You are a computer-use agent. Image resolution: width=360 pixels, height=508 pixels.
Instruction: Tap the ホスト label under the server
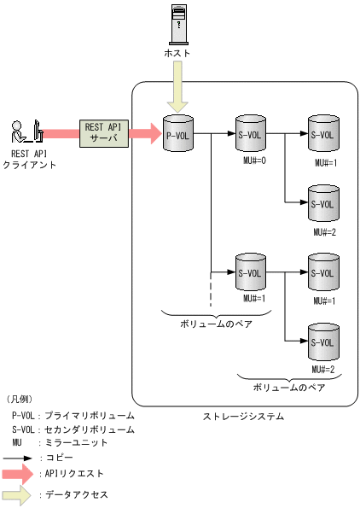pyautogui.click(x=178, y=53)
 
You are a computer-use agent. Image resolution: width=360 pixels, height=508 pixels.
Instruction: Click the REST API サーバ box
pyautogui.click(x=102, y=132)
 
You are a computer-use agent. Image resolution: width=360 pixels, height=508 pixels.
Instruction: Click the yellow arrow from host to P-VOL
pyautogui.click(x=178, y=88)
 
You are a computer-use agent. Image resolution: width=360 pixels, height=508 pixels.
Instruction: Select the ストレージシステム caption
pyautogui.click(x=243, y=417)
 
